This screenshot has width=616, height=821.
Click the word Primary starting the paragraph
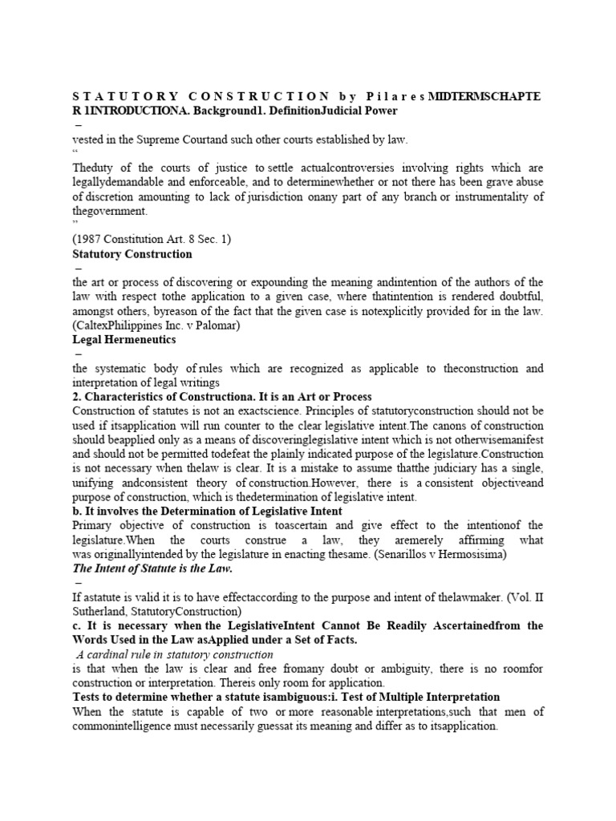pos(95,524)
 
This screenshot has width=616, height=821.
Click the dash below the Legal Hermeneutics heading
pos(78,354)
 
